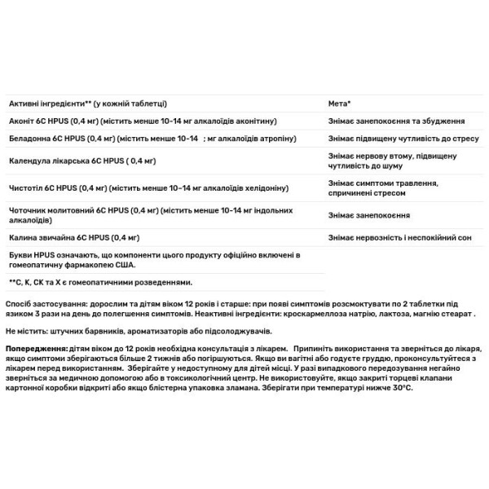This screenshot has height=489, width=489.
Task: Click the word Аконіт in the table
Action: coord(20,121)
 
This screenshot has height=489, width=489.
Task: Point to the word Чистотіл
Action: coord(24,188)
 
